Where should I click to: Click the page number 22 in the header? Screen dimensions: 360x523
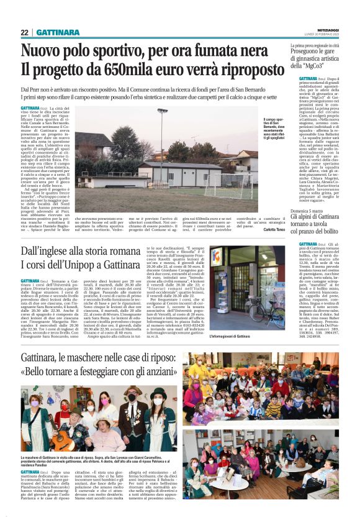[x=24, y=32]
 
